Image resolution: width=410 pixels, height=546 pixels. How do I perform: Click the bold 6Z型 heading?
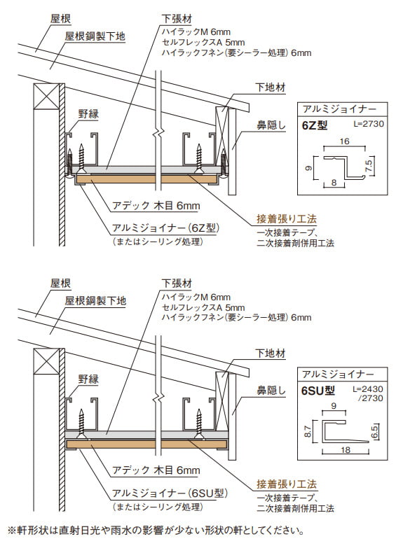coord(314,126)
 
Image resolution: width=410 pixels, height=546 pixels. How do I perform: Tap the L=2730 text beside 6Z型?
coord(371,124)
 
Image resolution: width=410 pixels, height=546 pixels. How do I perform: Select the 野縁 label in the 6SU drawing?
coord(88,378)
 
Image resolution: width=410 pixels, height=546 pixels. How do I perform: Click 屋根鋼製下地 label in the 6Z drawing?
coord(95,35)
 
